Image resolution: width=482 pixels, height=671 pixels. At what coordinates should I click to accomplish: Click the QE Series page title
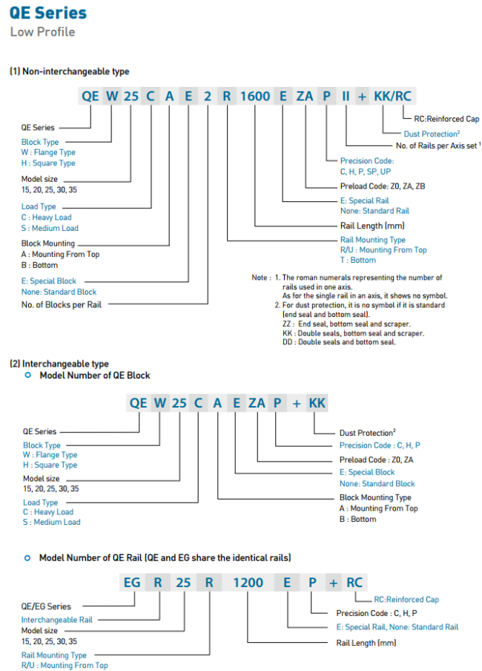pyautogui.click(x=48, y=13)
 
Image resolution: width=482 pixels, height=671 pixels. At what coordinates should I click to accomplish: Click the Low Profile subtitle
pyautogui.click(x=42, y=31)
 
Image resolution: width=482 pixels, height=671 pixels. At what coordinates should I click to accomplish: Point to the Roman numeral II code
pyautogui.click(x=346, y=96)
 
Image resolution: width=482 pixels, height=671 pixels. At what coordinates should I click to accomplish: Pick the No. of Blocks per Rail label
pyautogui.click(x=62, y=304)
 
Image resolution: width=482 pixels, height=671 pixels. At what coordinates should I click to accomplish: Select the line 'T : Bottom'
pyautogui.click(x=358, y=260)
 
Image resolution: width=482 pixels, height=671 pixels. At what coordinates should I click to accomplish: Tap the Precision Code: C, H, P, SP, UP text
pyautogui.click(x=367, y=166)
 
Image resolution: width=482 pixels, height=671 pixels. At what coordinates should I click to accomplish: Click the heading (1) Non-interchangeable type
pyautogui.click(x=69, y=71)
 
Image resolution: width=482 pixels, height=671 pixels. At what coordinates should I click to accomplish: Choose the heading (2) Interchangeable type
pyautogui.click(x=59, y=364)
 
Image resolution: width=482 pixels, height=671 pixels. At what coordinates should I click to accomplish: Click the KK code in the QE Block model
pyautogui.click(x=317, y=403)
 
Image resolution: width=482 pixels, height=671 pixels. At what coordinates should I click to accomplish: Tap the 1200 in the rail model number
pyautogui.click(x=248, y=583)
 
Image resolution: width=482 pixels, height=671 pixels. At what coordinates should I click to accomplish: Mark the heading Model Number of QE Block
pyautogui.click(x=94, y=376)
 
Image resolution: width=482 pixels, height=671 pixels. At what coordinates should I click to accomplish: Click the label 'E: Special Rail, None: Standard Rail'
pyautogui.click(x=397, y=627)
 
